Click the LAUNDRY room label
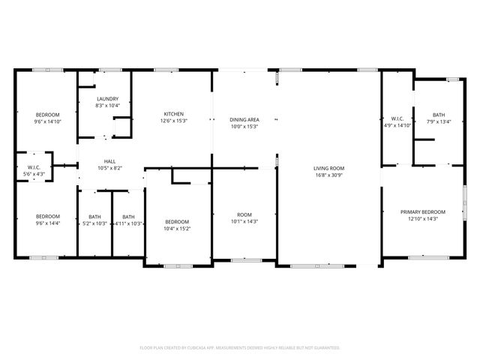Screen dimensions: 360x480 click(108, 99)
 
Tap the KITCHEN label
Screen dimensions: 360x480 click(174, 114)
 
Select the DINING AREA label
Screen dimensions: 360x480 click(244, 120)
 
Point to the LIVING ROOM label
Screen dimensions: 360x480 click(328, 168)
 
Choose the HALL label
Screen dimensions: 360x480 click(109, 161)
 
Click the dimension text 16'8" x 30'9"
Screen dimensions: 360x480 click(328, 175)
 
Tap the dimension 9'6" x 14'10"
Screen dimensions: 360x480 click(47, 121)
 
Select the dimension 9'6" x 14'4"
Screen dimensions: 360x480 click(47, 223)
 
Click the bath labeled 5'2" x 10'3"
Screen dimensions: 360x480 click(94, 223)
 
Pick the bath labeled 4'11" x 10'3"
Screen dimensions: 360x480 click(128, 223)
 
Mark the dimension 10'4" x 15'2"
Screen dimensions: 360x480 click(177, 229)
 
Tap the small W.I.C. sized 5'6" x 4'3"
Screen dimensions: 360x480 click(34, 167)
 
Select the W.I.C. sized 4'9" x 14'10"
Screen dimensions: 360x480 click(397, 118)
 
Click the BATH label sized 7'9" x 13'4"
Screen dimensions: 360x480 click(438, 115)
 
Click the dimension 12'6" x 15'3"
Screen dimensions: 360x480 click(174, 121)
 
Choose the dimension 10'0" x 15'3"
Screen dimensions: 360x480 click(244, 127)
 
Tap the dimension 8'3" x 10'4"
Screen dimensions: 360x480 click(108, 106)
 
